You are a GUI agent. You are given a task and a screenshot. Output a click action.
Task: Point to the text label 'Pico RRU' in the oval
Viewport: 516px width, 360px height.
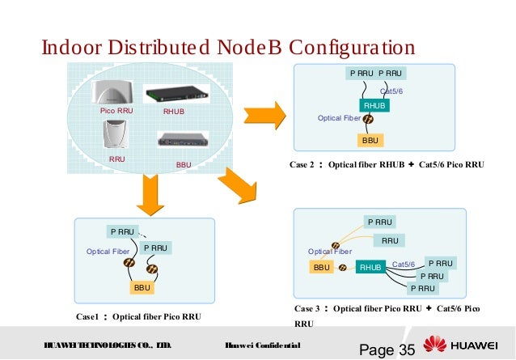[116, 110]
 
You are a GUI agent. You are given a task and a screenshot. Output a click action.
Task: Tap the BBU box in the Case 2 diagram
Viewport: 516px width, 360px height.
[370, 140]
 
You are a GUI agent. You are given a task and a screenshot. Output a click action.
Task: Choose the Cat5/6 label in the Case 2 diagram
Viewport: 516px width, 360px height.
[391, 91]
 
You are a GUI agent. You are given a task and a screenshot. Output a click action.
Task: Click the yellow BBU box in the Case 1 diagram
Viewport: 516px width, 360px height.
[142, 287]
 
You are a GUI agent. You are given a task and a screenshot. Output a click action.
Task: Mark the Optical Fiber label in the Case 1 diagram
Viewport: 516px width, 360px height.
[108, 252]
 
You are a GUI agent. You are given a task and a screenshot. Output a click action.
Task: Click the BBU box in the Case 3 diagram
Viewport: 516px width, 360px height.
[321, 267]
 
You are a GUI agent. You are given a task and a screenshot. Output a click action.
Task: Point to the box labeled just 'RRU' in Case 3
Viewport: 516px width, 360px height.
[390, 240]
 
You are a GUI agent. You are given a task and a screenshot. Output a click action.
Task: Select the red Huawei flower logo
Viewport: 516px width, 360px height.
[438, 345]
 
